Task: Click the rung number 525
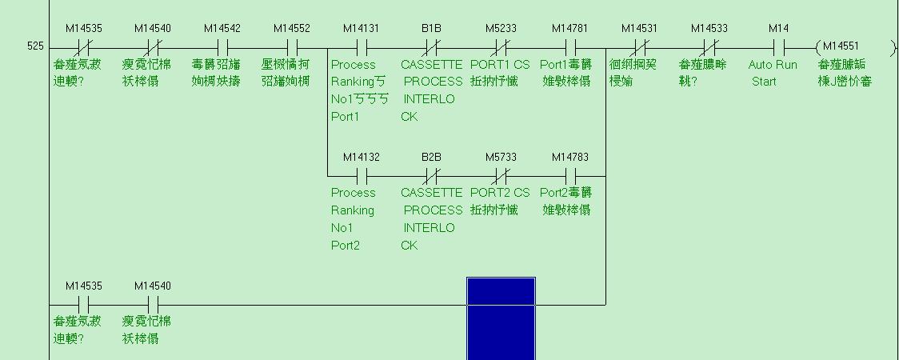click(35, 46)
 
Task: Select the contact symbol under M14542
click(222, 46)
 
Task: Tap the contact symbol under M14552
click(292, 46)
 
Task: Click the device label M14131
click(362, 29)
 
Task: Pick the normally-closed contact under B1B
click(431, 46)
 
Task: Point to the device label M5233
click(501, 29)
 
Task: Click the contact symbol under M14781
click(570, 46)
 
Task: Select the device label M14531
click(639, 29)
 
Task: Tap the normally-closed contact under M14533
click(709, 46)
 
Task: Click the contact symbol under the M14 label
click(778, 46)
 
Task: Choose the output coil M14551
click(839, 46)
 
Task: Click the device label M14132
click(362, 157)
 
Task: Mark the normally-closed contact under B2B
click(431, 175)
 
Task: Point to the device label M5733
click(501, 157)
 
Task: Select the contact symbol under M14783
click(570, 175)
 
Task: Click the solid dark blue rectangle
click(501, 318)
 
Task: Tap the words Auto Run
click(773, 64)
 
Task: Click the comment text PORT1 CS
click(500, 64)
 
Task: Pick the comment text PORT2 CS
click(500, 193)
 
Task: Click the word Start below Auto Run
click(764, 82)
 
